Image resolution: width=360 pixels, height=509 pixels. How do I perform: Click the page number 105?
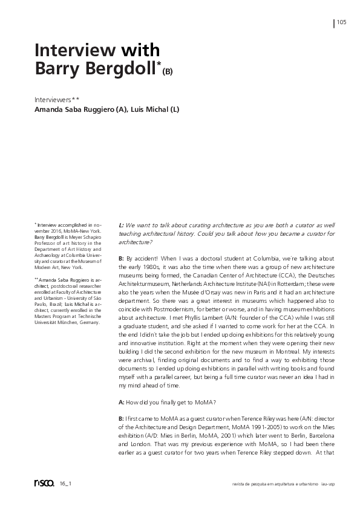coord(342,22)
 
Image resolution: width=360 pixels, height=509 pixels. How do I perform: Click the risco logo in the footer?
coord(44,482)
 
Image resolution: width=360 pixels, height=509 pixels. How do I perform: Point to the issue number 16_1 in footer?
coord(65,484)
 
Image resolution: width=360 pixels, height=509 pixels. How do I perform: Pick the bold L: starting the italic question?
coord(122,225)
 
